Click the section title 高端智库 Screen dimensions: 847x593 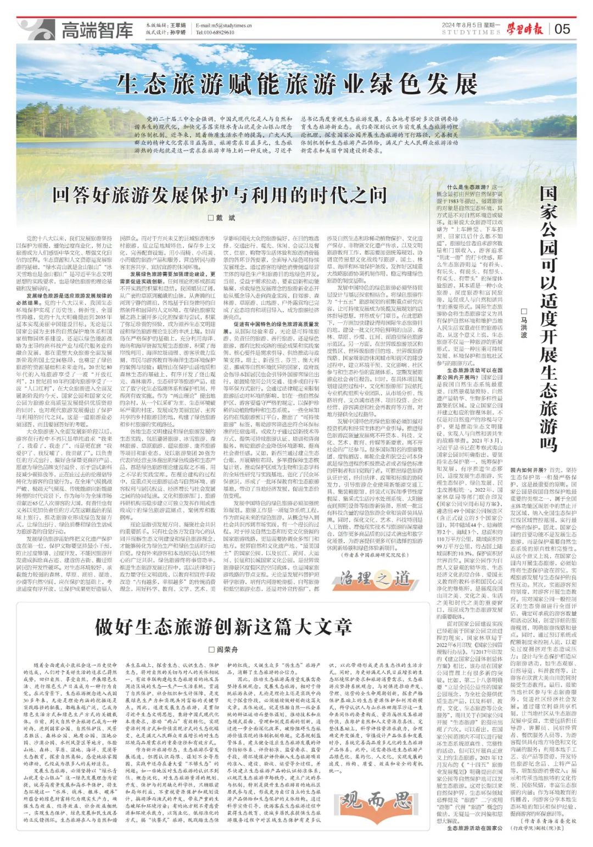(97, 30)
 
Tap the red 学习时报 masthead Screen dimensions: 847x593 (526, 29)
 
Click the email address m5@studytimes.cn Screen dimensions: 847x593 (225, 25)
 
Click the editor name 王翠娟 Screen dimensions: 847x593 (177, 25)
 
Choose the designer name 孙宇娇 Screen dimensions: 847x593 (177, 32)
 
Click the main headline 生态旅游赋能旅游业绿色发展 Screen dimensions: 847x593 (296, 84)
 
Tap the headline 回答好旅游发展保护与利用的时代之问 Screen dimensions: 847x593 (220, 194)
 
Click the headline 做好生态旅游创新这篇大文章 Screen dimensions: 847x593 (223, 626)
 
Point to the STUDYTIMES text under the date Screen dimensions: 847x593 (471, 33)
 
